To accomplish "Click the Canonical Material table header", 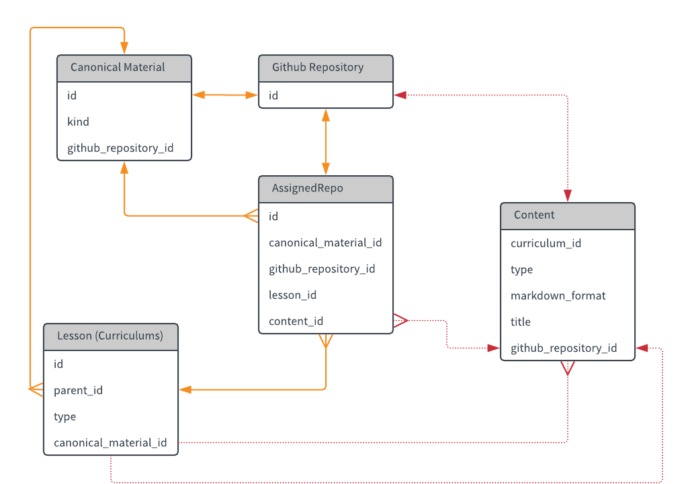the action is tap(118, 67).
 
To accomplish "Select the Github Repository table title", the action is tap(318, 67).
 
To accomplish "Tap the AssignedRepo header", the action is tap(307, 188).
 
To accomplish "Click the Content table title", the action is tap(534, 215).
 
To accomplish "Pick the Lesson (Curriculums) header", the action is tap(110, 336).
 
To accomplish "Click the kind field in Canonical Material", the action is tap(78, 122).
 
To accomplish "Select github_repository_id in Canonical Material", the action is tap(120, 148).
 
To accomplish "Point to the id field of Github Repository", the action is tap(273, 95).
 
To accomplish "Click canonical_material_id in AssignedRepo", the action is tap(325, 242).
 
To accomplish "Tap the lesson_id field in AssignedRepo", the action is tap(293, 295).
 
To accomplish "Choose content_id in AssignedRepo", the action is tap(296, 322).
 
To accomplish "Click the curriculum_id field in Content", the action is tap(546, 243).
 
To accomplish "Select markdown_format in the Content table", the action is tap(558, 295).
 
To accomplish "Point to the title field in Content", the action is tap(520, 322).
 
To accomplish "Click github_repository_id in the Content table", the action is tap(564, 348).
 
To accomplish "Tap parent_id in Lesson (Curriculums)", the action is tap(78, 391).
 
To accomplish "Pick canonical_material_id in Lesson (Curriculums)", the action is tap(110, 442).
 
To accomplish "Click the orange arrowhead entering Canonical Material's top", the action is tap(124, 48).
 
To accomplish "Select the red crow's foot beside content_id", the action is tap(400, 321).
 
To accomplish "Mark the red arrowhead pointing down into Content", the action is tap(568, 195).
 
